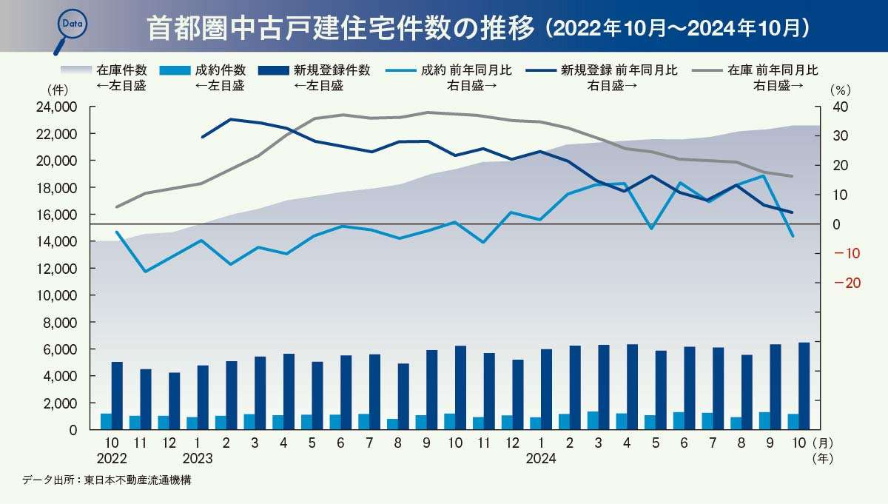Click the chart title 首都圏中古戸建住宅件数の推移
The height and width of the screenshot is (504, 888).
pos(340,28)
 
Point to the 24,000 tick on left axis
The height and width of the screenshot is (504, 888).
pos(56,107)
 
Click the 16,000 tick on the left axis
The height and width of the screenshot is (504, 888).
pos(56,215)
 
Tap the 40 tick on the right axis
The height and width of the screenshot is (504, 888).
pos(840,107)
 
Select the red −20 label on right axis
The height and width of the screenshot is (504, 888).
pos(846,283)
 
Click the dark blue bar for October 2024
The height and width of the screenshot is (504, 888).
pos(804,386)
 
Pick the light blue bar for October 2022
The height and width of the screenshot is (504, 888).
pos(106,421)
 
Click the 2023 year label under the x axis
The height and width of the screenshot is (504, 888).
pos(197,458)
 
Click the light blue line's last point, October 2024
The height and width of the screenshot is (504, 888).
pos(793,236)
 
